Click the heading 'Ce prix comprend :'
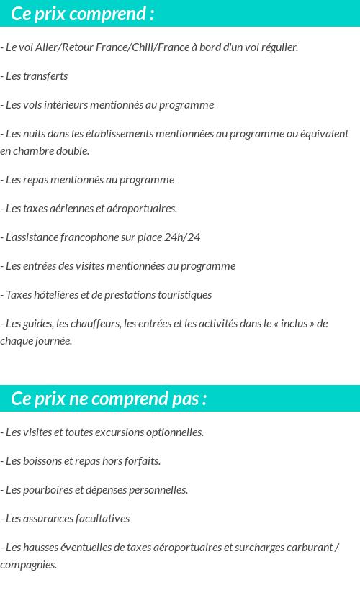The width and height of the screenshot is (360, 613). click(x=82, y=14)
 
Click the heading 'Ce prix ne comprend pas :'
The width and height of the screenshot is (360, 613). click(x=109, y=399)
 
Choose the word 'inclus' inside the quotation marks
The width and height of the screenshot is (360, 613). click(x=295, y=324)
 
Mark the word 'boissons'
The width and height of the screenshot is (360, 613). click(x=43, y=461)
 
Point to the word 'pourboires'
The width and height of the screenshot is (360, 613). click(x=48, y=490)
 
